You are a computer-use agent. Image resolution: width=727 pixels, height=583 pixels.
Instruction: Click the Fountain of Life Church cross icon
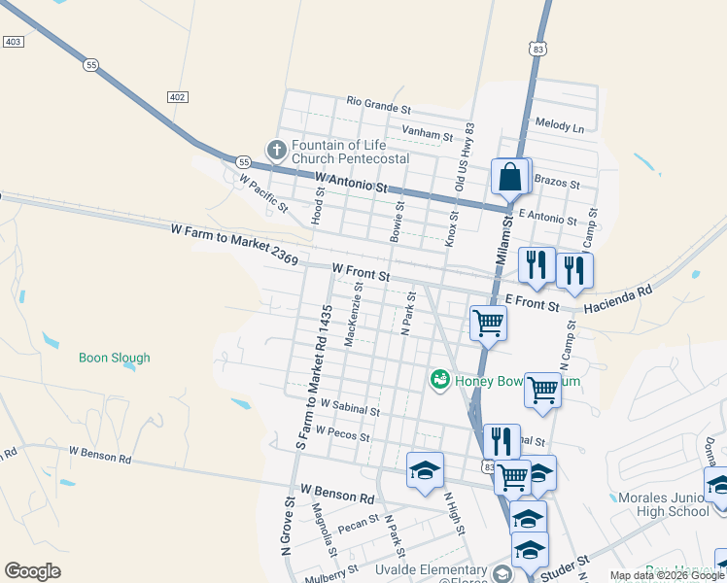[x=276, y=151]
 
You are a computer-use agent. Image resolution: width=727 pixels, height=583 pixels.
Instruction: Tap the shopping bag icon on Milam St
[x=510, y=178]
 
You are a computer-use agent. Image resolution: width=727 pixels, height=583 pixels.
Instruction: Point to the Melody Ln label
[x=560, y=126]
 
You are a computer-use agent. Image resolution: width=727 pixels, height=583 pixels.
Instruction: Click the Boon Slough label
[x=115, y=358]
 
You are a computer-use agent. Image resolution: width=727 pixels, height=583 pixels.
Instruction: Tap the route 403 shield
[x=14, y=42]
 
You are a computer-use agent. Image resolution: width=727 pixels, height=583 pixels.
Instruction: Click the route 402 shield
[x=177, y=97]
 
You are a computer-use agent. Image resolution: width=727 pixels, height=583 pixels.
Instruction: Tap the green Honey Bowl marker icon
[x=440, y=379]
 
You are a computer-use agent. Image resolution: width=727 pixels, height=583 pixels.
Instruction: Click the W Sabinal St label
[x=349, y=407]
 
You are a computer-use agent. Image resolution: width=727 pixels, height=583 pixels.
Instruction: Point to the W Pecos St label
[x=342, y=434]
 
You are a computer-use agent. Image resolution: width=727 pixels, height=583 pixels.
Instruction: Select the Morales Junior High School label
[x=664, y=504]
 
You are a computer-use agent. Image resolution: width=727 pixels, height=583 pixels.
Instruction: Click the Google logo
[x=33, y=571]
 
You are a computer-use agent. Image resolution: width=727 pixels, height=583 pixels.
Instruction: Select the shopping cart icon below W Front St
[x=487, y=322]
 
